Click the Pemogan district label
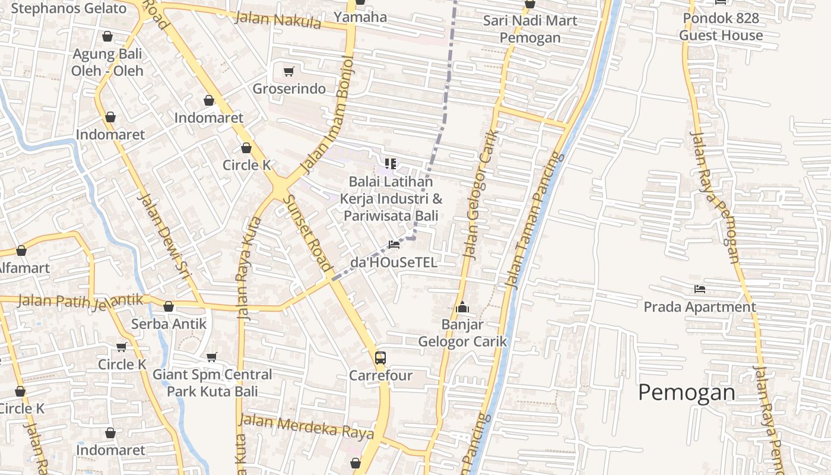[x=687, y=393]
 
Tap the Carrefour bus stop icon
[x=380, y=358]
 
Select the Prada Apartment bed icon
[x=700, y=289]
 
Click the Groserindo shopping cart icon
[x=289, y=72]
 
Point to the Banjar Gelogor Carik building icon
[x=462, y=307]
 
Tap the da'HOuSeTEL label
[x=394, y=262]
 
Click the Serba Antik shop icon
[x=169, y=306]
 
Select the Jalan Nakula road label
[x=278, y=20]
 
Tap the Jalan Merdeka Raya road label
[x=306, y=426]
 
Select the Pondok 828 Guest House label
[x=721, y=27]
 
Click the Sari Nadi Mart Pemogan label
[x=529, y=29]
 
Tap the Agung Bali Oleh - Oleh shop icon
[x=107, y=37]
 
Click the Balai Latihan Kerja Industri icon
[x=390, y=163]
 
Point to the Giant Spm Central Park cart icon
[x=212, y=357]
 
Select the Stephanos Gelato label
[x=69, y=8]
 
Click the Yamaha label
[x=360, y=17]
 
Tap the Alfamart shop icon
[x=21, y=251]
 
